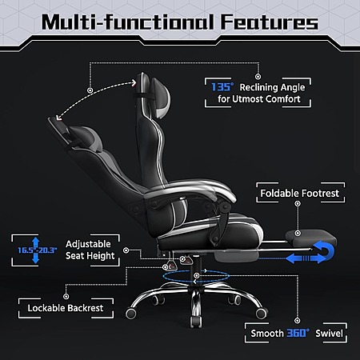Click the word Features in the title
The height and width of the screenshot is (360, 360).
(x=270, y=22)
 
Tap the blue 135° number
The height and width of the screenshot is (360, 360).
(x=222, y=87)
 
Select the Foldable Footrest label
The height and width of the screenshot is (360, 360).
(x=300, y=193)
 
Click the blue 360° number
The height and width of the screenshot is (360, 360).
(x=298, y=333)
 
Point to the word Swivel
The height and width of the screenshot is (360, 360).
(x=329, y=334)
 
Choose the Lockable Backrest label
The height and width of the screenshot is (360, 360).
(x=66, y=308)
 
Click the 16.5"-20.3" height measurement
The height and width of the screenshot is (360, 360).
(x=38, y=250)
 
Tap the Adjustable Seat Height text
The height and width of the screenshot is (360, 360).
(x=90, y=250)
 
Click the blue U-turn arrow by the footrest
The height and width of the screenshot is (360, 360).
(x=326, y=250)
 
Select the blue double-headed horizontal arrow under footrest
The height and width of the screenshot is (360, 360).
(x=306, y=258)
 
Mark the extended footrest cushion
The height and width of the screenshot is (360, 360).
(x=311, y=238)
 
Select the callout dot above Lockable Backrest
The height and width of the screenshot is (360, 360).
(x=66, y=296)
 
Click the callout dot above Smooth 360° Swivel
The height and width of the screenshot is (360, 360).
(x=297, y=321)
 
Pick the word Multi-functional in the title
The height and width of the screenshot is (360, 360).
(x=128, y=22)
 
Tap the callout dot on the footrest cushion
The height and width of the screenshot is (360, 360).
(x=298, y=234)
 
